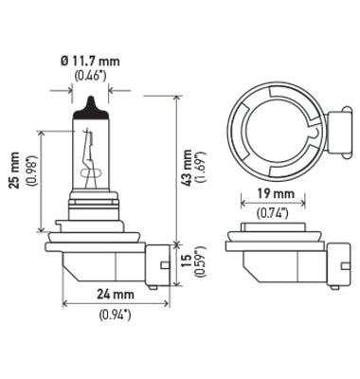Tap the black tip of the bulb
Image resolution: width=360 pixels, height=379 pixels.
(x=91, y=103)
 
